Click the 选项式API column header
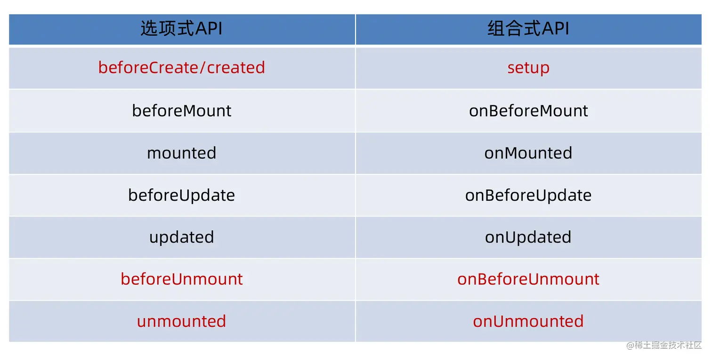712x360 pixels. [181, 29]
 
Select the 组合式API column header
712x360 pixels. [528, 29]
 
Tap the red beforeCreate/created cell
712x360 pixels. [181, 68]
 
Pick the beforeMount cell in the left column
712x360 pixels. [181, 111]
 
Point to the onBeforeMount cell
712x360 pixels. [528, 111]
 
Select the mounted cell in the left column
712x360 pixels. [181, 153]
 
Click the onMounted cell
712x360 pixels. [528, 153]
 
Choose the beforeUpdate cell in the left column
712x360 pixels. [181, 196]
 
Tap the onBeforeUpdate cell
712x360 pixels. [528, 196]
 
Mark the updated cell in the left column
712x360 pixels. [181, 238]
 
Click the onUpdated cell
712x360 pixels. [528, 238]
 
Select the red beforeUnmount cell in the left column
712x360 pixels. [181, 279]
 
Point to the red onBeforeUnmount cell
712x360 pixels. [528, 279]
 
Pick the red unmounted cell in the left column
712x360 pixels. [181, 321]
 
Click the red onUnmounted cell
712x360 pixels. [528, 321]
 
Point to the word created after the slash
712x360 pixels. [236, 68]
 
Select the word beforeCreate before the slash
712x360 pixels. [148, 68]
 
